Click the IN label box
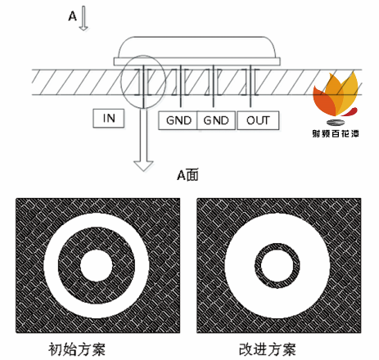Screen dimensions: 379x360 coord(109,119)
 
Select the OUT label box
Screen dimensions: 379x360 coord(258,120)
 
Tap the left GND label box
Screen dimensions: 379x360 coord(178,120)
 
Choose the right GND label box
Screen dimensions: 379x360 coord(216,120)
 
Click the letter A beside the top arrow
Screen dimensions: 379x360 coord(73,16)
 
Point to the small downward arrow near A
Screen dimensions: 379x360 coord(83,18)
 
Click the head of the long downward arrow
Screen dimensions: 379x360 coord(143,166)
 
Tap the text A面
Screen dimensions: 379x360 coord(187,175)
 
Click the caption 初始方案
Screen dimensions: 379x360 coord(77,349)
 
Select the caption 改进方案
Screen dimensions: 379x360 coord(268,349)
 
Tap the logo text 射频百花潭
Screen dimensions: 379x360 coord(336,133)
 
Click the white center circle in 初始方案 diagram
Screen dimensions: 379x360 coord(97,265)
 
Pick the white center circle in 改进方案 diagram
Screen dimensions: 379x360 coord(277,266)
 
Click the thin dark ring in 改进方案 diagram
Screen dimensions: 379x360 coord(258,266)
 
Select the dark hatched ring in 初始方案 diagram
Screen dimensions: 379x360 coord(70,265)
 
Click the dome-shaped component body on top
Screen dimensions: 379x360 coord(197,47)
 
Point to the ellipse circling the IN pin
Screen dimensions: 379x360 coord(121,82)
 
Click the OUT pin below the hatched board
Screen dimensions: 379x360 coord(250,101)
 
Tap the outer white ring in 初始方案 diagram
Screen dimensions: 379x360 coord(51,265)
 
